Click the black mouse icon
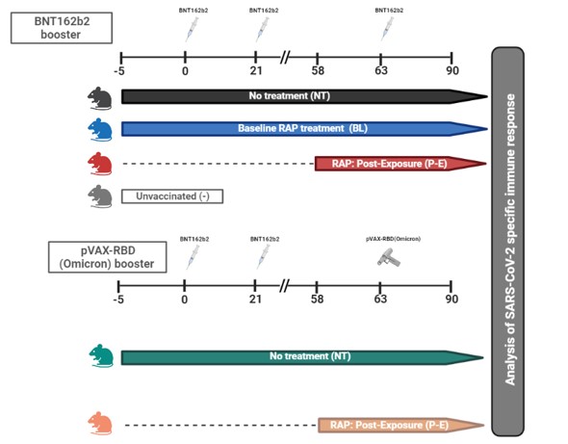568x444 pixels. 99,98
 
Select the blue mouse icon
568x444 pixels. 100,129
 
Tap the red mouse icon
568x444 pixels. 100,164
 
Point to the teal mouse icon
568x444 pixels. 101,356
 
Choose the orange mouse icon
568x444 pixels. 100,424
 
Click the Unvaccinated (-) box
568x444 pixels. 172,196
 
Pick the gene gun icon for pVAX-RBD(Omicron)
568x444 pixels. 389,257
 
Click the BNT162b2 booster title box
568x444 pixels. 62,28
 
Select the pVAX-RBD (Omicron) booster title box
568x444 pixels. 108,257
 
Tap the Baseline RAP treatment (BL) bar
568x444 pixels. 304,129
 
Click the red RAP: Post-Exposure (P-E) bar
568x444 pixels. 400,164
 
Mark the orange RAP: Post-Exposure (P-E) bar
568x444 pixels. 401,425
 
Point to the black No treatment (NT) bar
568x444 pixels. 304,96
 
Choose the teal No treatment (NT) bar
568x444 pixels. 302,357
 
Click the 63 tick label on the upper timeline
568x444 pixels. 381,70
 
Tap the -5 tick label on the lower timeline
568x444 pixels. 118,300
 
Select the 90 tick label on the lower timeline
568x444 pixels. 452,299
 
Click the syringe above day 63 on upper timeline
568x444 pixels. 387,29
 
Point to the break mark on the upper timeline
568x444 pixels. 286,57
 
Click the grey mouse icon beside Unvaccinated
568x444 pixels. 100,196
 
